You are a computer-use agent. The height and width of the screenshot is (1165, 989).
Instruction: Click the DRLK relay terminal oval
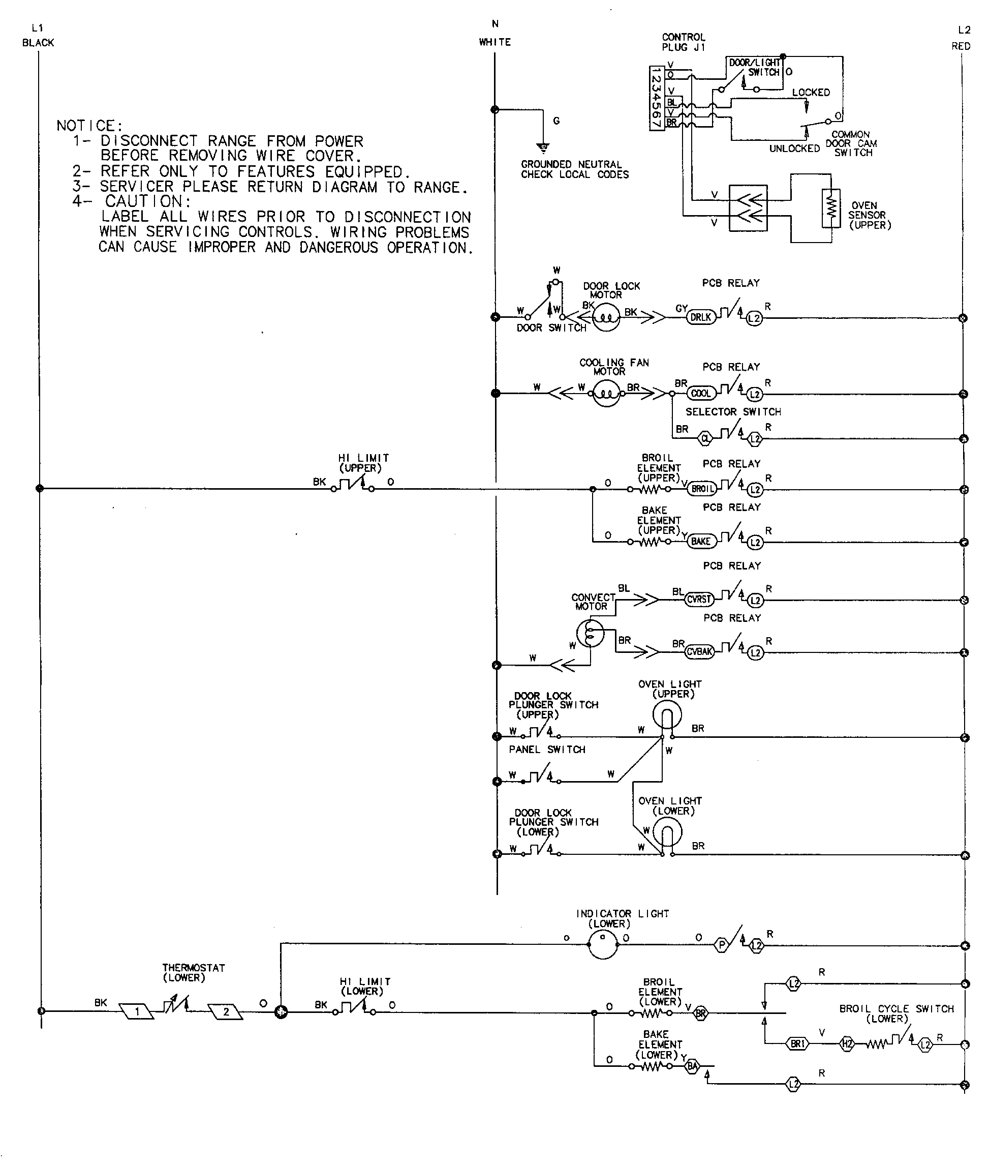701,317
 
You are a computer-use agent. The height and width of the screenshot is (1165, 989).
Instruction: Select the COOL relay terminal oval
701,393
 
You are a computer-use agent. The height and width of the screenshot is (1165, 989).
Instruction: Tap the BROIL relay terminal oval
702,489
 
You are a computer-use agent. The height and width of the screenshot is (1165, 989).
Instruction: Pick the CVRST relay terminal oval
699,599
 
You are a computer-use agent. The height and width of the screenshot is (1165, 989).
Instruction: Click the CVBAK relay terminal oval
700,651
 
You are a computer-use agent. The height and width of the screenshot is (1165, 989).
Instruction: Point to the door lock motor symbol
605,317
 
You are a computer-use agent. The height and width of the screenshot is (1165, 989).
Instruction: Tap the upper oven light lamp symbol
667,715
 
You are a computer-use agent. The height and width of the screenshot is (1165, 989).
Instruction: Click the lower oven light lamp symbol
667,832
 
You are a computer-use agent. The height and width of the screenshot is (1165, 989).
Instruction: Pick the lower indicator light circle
603,945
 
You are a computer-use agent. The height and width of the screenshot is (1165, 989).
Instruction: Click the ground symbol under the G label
543,147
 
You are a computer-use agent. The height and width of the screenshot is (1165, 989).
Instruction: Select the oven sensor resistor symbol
831,208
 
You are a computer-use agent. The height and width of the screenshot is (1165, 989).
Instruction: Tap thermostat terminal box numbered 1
136,1012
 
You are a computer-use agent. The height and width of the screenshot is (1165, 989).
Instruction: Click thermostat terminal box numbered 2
225,1012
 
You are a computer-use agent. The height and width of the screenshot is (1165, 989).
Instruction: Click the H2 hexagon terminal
847,1044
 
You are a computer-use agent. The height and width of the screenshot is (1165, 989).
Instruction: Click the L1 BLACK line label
38,35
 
